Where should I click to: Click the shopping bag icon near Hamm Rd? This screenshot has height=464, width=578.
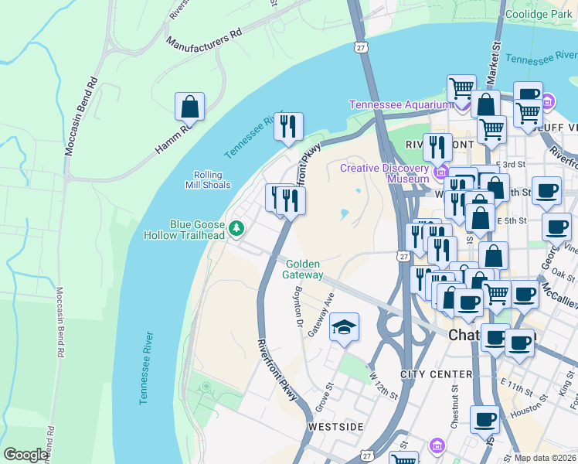point(189,107)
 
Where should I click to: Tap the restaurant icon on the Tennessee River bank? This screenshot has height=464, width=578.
point(288,127)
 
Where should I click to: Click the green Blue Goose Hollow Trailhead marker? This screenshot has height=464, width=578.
point(238,227)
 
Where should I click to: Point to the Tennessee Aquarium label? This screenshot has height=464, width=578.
point(399,104)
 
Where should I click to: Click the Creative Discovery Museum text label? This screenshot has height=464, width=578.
point(384,173)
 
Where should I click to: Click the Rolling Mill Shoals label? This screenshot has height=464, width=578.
point(207,180)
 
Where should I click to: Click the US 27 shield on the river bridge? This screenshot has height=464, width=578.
point(361,48)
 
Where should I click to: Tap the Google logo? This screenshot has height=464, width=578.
point(25,455)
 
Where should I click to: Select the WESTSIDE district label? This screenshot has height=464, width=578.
point(335,426)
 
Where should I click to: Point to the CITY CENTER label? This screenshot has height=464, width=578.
point(436,374)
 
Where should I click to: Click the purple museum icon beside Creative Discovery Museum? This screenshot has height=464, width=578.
point(442,171)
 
